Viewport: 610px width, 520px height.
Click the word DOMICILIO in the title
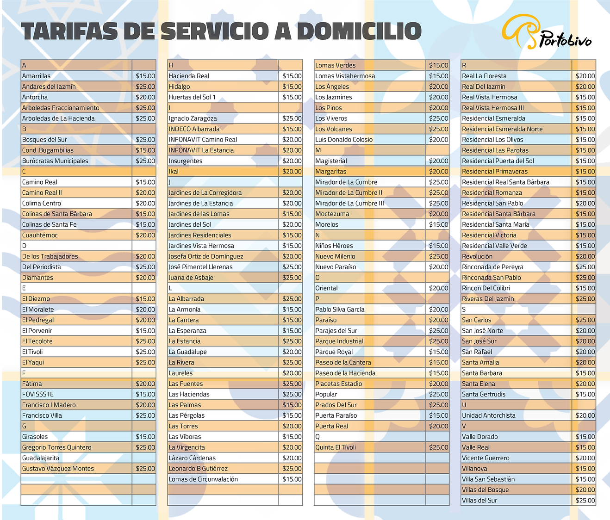point(359,31)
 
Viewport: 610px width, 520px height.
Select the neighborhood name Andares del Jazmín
point(49,87)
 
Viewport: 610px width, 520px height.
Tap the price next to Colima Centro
point(145,203)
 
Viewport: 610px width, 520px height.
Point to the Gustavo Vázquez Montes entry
point(58,469)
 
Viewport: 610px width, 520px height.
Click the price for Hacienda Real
point(292,76)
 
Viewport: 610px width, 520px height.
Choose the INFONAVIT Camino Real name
point(203,139)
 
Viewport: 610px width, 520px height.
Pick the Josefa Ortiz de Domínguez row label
point(205,256)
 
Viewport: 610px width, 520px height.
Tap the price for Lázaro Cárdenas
point(292,458)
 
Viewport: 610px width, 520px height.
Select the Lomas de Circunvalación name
point(203,479)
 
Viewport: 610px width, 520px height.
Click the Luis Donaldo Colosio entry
point(344,139)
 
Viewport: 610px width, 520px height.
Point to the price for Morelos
point(438,224)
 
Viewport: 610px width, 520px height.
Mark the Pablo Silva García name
point(340,310)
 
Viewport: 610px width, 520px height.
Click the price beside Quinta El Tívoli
point(438,447)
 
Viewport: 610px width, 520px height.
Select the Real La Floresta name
point(484,76)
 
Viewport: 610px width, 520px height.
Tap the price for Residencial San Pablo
point(585,203)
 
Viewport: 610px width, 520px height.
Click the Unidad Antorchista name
point(488,415)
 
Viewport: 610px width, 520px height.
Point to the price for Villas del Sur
point(585,500)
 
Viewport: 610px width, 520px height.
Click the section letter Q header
point(317,437)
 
